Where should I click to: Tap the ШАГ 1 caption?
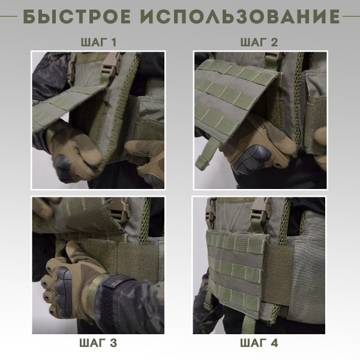pyautogui.click(x=98, y=43)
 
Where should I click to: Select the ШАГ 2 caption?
pyautogui.click(x=259, y=43)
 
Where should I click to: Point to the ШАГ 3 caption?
pyautogui.click(x=98, y=343)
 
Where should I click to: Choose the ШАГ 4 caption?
pyautogui.click(x=259, y=343)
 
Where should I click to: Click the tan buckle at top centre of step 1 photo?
pyautogui.click(x=112, y=62)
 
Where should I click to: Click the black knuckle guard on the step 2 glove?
pyautogui.click(x=247, y=154)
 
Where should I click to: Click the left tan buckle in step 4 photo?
pyautogui.click(x=211, y=209)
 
